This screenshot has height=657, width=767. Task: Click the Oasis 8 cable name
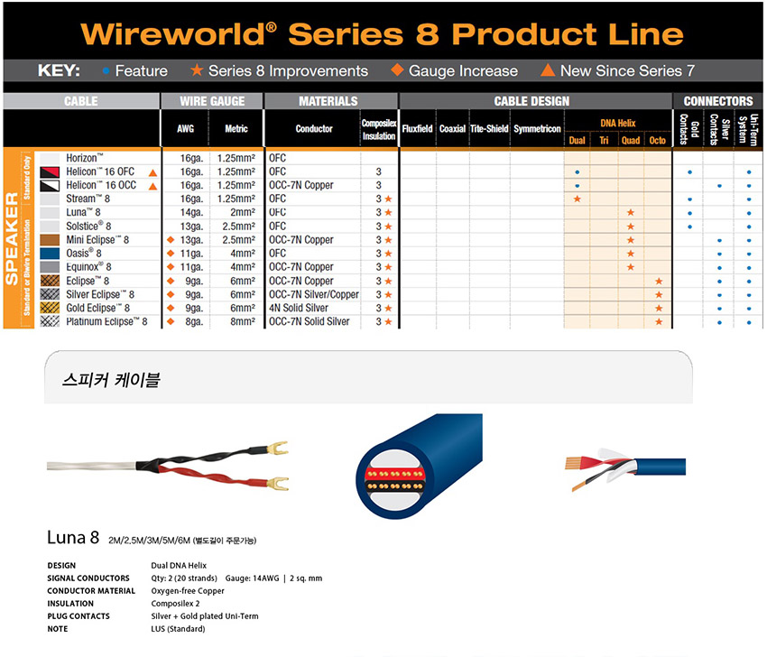(x=84, y=254)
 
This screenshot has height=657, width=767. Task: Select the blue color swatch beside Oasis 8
(x=50, y=254)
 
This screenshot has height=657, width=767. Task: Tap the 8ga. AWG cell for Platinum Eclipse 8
(x=194, y=322)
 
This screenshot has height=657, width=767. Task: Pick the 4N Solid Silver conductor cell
(x=299, y=309)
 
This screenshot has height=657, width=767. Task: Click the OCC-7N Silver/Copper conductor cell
(x=313, y=294)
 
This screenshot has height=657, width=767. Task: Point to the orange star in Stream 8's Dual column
(x=578, y=199)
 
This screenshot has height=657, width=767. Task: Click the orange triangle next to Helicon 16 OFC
(x=152, y=172)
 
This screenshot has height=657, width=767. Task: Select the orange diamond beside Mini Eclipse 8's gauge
(x=171, y=240)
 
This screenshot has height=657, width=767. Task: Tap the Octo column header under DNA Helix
(x=657, y=141)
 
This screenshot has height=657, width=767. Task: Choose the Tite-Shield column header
(x=489, y=129)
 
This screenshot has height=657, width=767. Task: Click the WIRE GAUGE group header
(x=212, y=101)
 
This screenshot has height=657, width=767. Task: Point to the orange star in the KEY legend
(x=197, y=70)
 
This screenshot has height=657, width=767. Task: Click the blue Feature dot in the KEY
(x=106, y=71)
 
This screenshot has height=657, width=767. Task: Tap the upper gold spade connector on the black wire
(x=278, y=448)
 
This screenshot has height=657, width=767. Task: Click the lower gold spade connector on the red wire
(x=278, y=484)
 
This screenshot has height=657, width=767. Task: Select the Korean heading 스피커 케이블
(x=111, y=379)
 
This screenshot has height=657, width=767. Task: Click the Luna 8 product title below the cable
(x=73, y=538)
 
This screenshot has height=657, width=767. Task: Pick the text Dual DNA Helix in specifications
(x=179, y=566)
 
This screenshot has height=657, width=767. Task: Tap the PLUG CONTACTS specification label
(x=79, y=616)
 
